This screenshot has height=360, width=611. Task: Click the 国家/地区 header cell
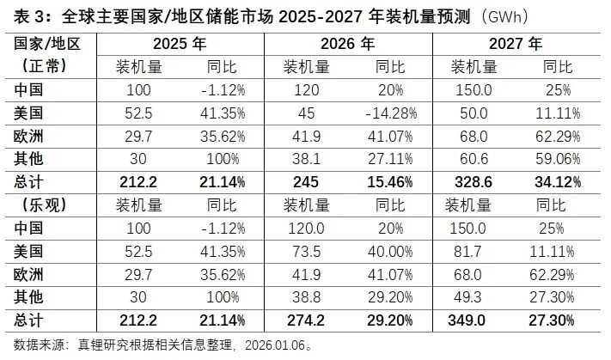pyautogui.click(x=46, y=43)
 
